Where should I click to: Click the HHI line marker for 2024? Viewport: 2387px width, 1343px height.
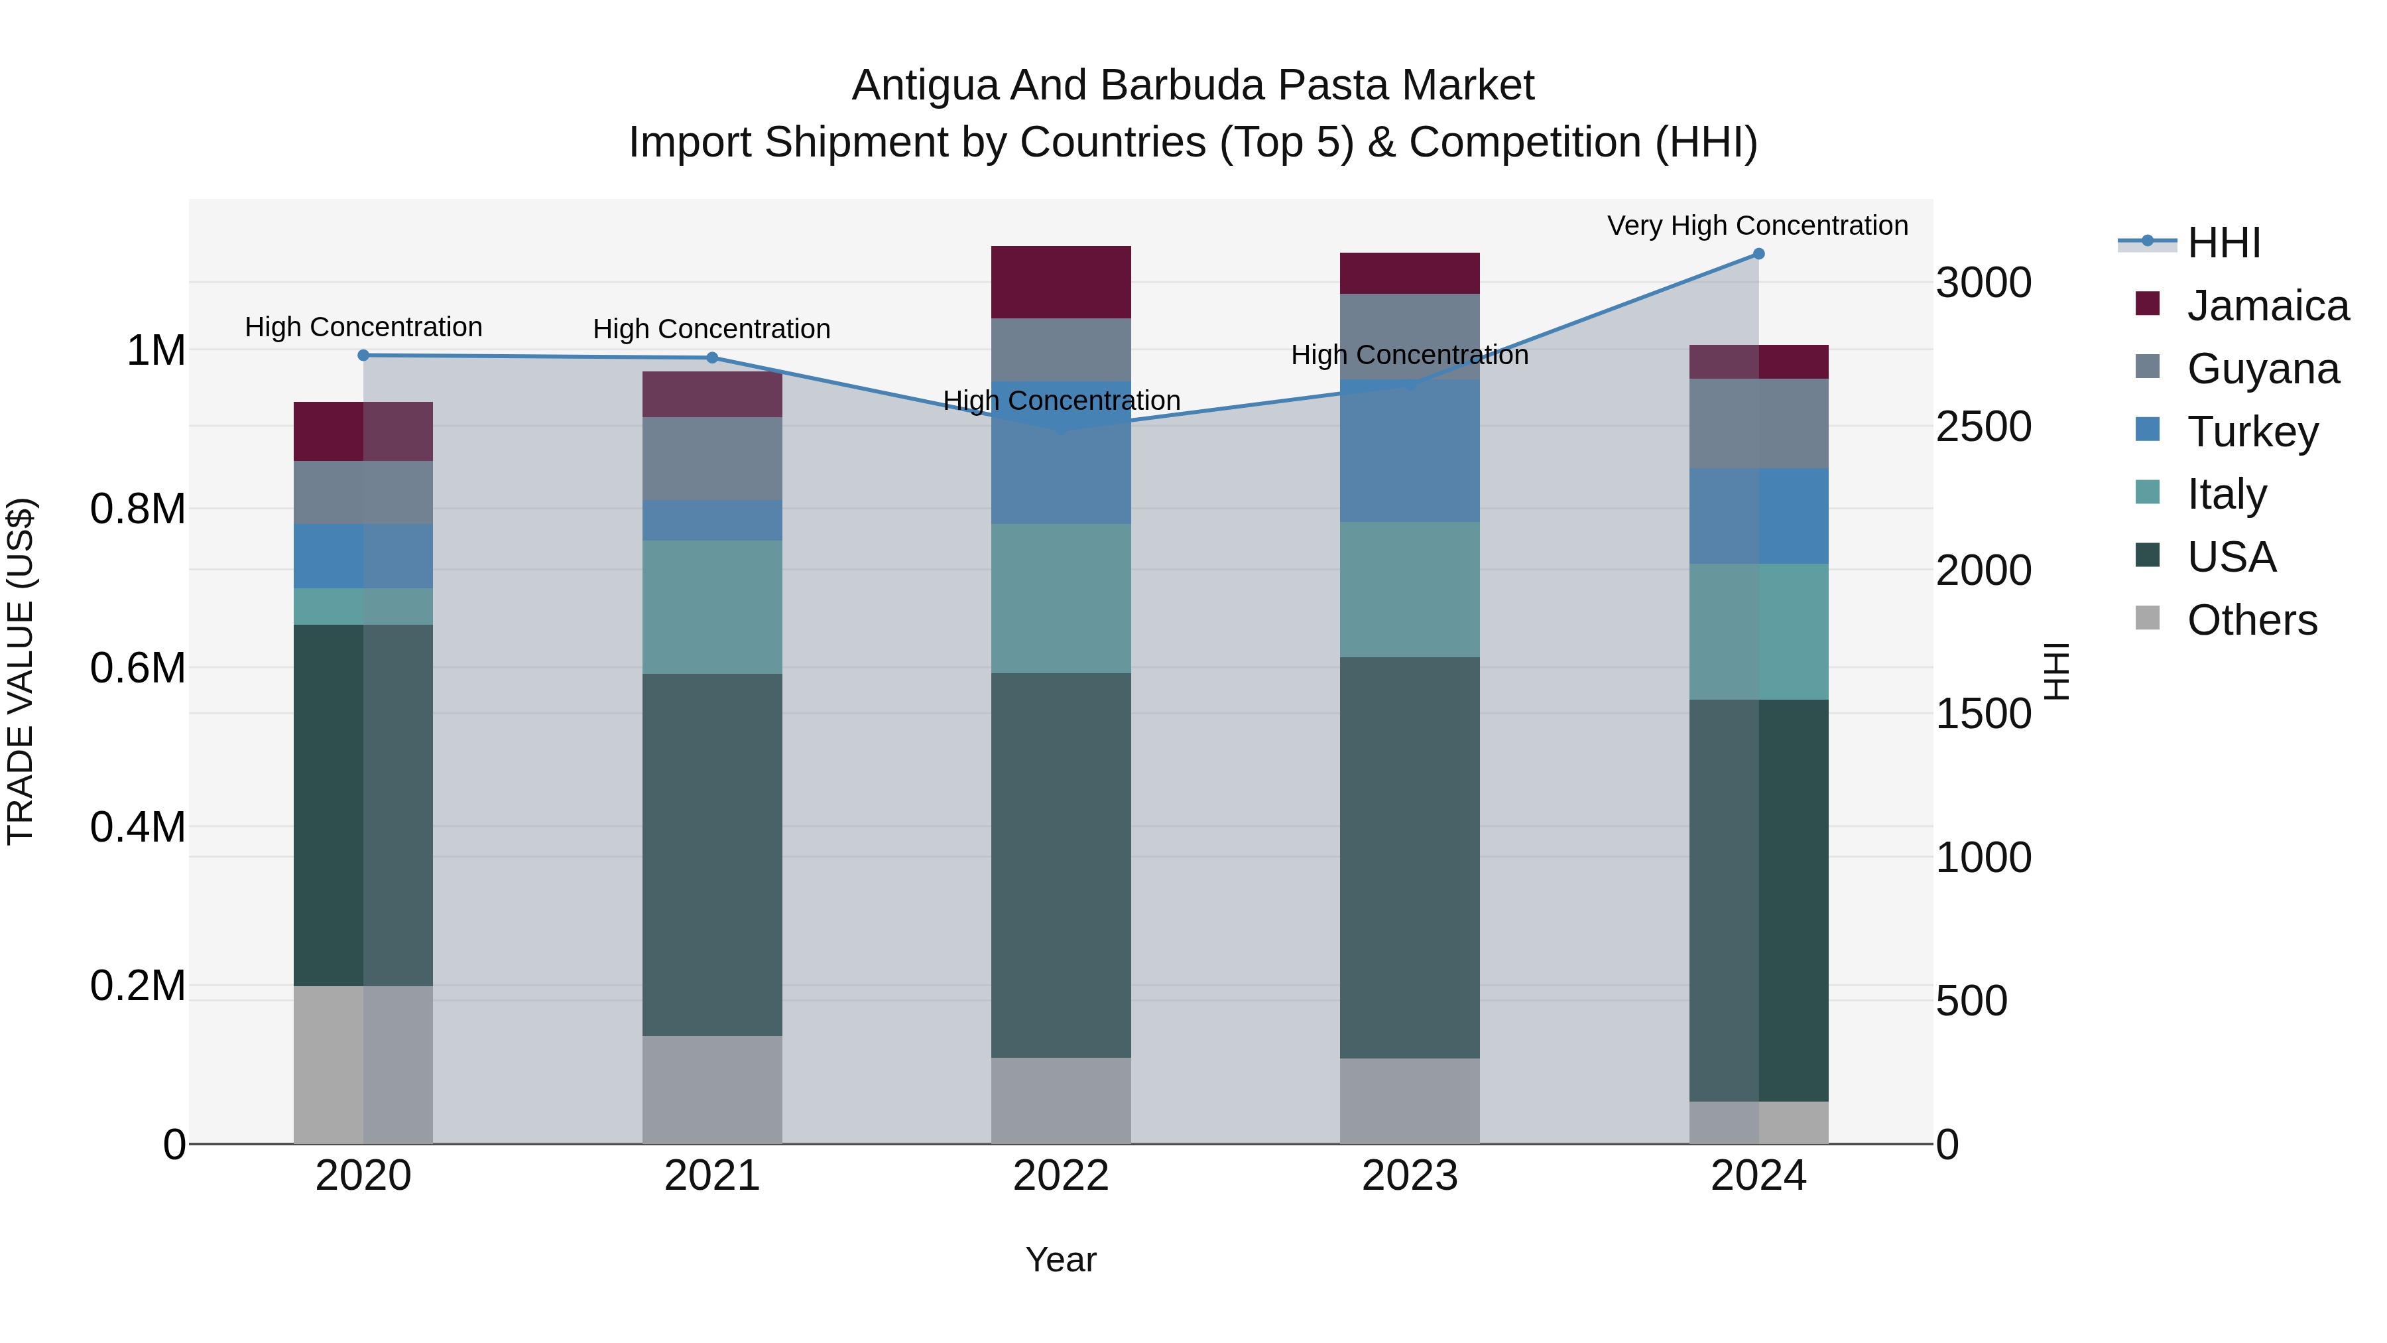pos(1758,254)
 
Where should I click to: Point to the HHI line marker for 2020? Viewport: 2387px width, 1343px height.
pos(363,355)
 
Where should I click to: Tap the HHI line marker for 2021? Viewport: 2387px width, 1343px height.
pos(711,357)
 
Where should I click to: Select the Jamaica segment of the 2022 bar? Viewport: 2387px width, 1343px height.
pos(1061,282)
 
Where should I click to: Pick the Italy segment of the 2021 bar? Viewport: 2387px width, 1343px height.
pos(711,607)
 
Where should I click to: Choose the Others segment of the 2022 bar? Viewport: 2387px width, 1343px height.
pos(1061,1100)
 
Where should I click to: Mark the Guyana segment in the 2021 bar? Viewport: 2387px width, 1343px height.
pos(711,459)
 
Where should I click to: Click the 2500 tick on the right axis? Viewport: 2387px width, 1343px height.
pos(1984,426)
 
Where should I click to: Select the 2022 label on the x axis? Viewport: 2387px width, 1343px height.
pos(1061,1176)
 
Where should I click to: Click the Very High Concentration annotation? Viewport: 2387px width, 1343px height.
pos(1757,225)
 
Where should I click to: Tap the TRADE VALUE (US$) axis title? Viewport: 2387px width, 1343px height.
pos(21,671)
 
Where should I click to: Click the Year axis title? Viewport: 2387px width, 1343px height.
pos(1061,1259)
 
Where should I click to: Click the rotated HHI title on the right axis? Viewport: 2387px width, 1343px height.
pos(2056,671)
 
